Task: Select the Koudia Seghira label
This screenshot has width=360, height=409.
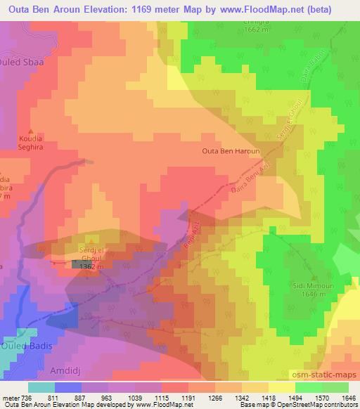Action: pos(31,143)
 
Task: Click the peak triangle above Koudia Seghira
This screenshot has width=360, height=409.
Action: pos(31,131)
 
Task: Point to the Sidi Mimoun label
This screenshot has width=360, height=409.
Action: pos(307,287)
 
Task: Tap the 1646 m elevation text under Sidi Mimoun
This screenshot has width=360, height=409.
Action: pos(307,294)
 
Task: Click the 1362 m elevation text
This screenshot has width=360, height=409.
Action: pos(91,267)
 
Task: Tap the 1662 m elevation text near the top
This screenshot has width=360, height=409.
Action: pos(258,30)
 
